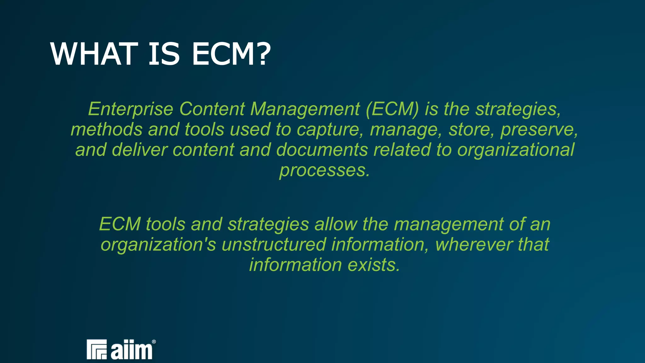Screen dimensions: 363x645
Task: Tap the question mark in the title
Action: [x=261, y=54]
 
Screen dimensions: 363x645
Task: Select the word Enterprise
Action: [x=130, y=109]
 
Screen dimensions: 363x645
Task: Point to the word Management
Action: [x=305, y=109]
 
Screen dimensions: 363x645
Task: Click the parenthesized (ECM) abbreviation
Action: [x=392, y=109]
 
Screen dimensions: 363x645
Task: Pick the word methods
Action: [x=106, y=130]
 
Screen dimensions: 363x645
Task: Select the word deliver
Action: [x=140, y=150]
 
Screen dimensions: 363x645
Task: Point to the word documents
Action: [x=322, y=150]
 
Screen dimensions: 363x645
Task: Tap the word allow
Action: [x=336, y=224]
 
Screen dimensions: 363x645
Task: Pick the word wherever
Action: [x=474, y=245]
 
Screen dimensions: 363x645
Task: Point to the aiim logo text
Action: [x=132, y=350]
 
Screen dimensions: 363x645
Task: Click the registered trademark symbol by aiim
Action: [x=154, y=342]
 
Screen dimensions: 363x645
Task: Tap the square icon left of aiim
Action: [x=97, y=349]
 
